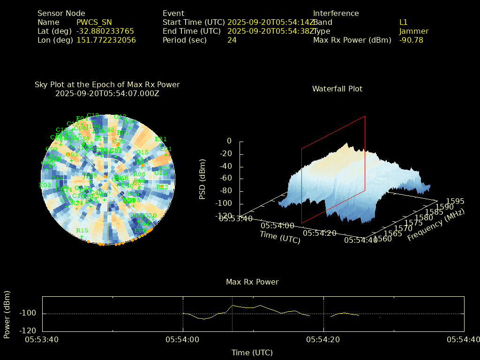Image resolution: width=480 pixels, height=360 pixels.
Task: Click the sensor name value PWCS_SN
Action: [94, 22]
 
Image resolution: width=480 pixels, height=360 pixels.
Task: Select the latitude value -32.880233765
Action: [105, 31]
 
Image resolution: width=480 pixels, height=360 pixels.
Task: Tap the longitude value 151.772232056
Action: [106, 40]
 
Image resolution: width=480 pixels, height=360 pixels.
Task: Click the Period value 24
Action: [232, 40]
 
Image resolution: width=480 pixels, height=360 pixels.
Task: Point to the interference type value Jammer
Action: [413, 31]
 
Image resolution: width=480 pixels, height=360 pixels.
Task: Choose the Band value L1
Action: [403, 22]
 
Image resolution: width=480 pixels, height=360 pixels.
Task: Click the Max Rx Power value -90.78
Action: [411, 40]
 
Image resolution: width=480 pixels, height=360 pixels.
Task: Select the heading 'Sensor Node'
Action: [61, 13]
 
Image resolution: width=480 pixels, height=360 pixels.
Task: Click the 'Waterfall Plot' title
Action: [337, 89]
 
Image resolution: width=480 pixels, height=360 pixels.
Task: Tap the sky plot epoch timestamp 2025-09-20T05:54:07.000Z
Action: [107, 93]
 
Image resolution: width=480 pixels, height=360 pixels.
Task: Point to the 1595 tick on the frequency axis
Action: [455, 201]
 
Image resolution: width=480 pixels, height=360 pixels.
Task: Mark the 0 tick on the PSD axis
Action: [229, 141]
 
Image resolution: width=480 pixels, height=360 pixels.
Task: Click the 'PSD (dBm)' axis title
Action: [202, 179]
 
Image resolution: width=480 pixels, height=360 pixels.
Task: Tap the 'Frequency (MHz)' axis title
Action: [435, 225]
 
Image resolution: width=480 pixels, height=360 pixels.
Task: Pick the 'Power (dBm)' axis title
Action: [7, 314]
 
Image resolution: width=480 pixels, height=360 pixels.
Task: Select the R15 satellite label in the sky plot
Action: [82, 230]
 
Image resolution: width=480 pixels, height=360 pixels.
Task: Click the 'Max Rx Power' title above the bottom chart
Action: [252, 282]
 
